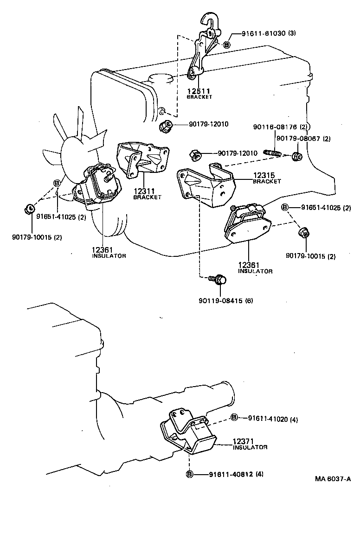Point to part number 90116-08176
(x=275, y=127)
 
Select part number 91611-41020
(x=267, y=419)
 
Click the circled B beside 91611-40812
(x=189, y=474)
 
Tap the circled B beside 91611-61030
(x=226, y=44)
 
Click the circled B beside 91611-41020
(x=234, y=418)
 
